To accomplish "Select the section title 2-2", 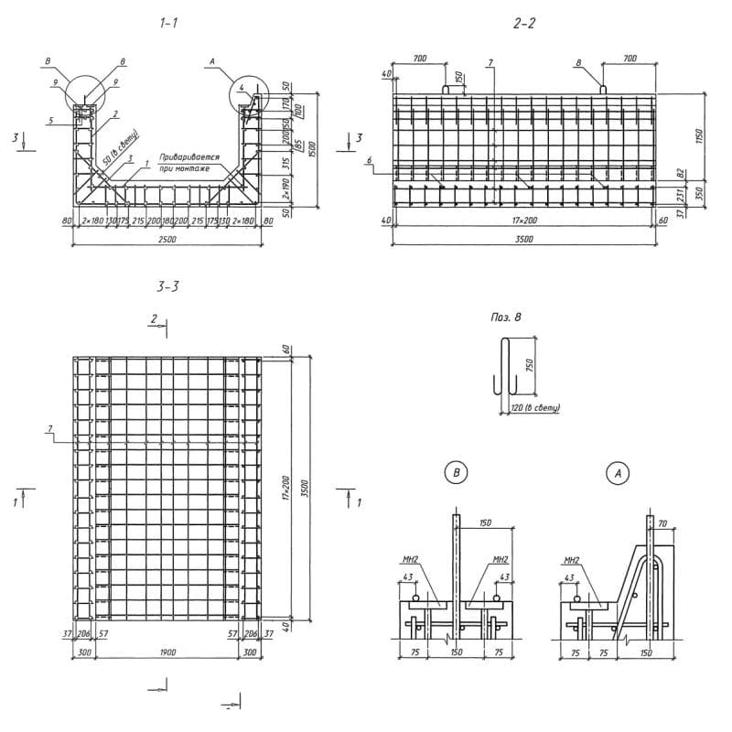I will (524, 24).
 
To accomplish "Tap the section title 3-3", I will (167, 286).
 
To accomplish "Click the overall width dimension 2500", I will (167, 240).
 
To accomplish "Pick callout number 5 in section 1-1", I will (52, 121).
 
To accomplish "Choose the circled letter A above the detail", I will (619, 473).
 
